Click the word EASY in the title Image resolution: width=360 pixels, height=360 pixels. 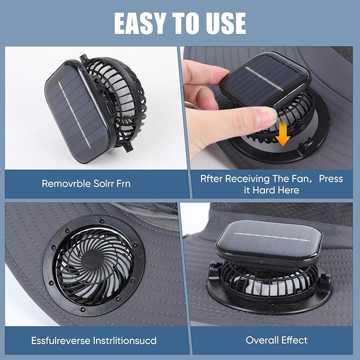pyautogui.click(x=140, y=23)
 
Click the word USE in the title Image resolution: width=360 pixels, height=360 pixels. pyautogui.click(x=225, y=23)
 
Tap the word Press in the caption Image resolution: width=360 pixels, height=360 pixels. pyautogui.click(x=331, y=178)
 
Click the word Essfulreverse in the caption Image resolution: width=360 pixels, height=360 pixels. pyautogui.click(x=60, y=340)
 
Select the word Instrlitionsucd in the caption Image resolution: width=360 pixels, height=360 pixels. pyautogui.click(x=125, y=340)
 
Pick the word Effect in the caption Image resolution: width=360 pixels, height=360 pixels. pyautogui.click(x=295, y=340)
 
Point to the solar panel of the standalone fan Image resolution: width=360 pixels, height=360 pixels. pyautogui.click(x=77, y=112)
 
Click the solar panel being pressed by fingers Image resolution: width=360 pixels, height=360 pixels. pyautogui.click(x=266, y=81)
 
